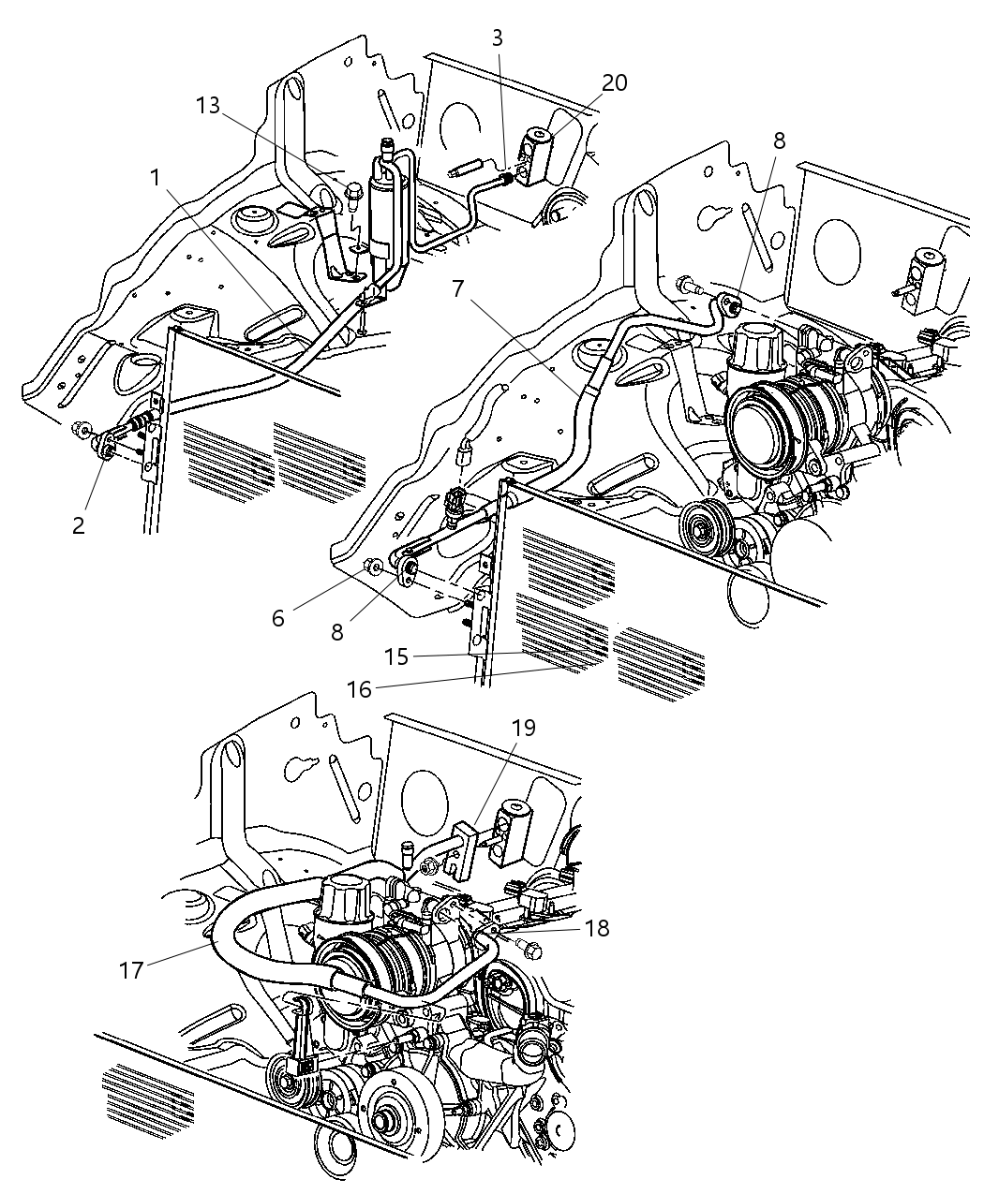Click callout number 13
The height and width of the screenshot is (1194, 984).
point(208,106)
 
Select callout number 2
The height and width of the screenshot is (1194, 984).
point(78,524)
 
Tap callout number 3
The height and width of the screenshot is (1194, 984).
point(497,37)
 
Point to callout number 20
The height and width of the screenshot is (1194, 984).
point(614,82)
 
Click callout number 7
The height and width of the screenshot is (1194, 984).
point(457,288)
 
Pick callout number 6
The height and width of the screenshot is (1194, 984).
point(277,618)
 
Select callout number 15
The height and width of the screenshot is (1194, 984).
point(396,656)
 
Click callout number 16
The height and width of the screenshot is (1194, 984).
point(359,689)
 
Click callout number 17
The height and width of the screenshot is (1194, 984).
point(131,969)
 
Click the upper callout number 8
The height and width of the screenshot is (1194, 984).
point(779,140)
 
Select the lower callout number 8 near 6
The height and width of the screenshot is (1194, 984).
point(336,631)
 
